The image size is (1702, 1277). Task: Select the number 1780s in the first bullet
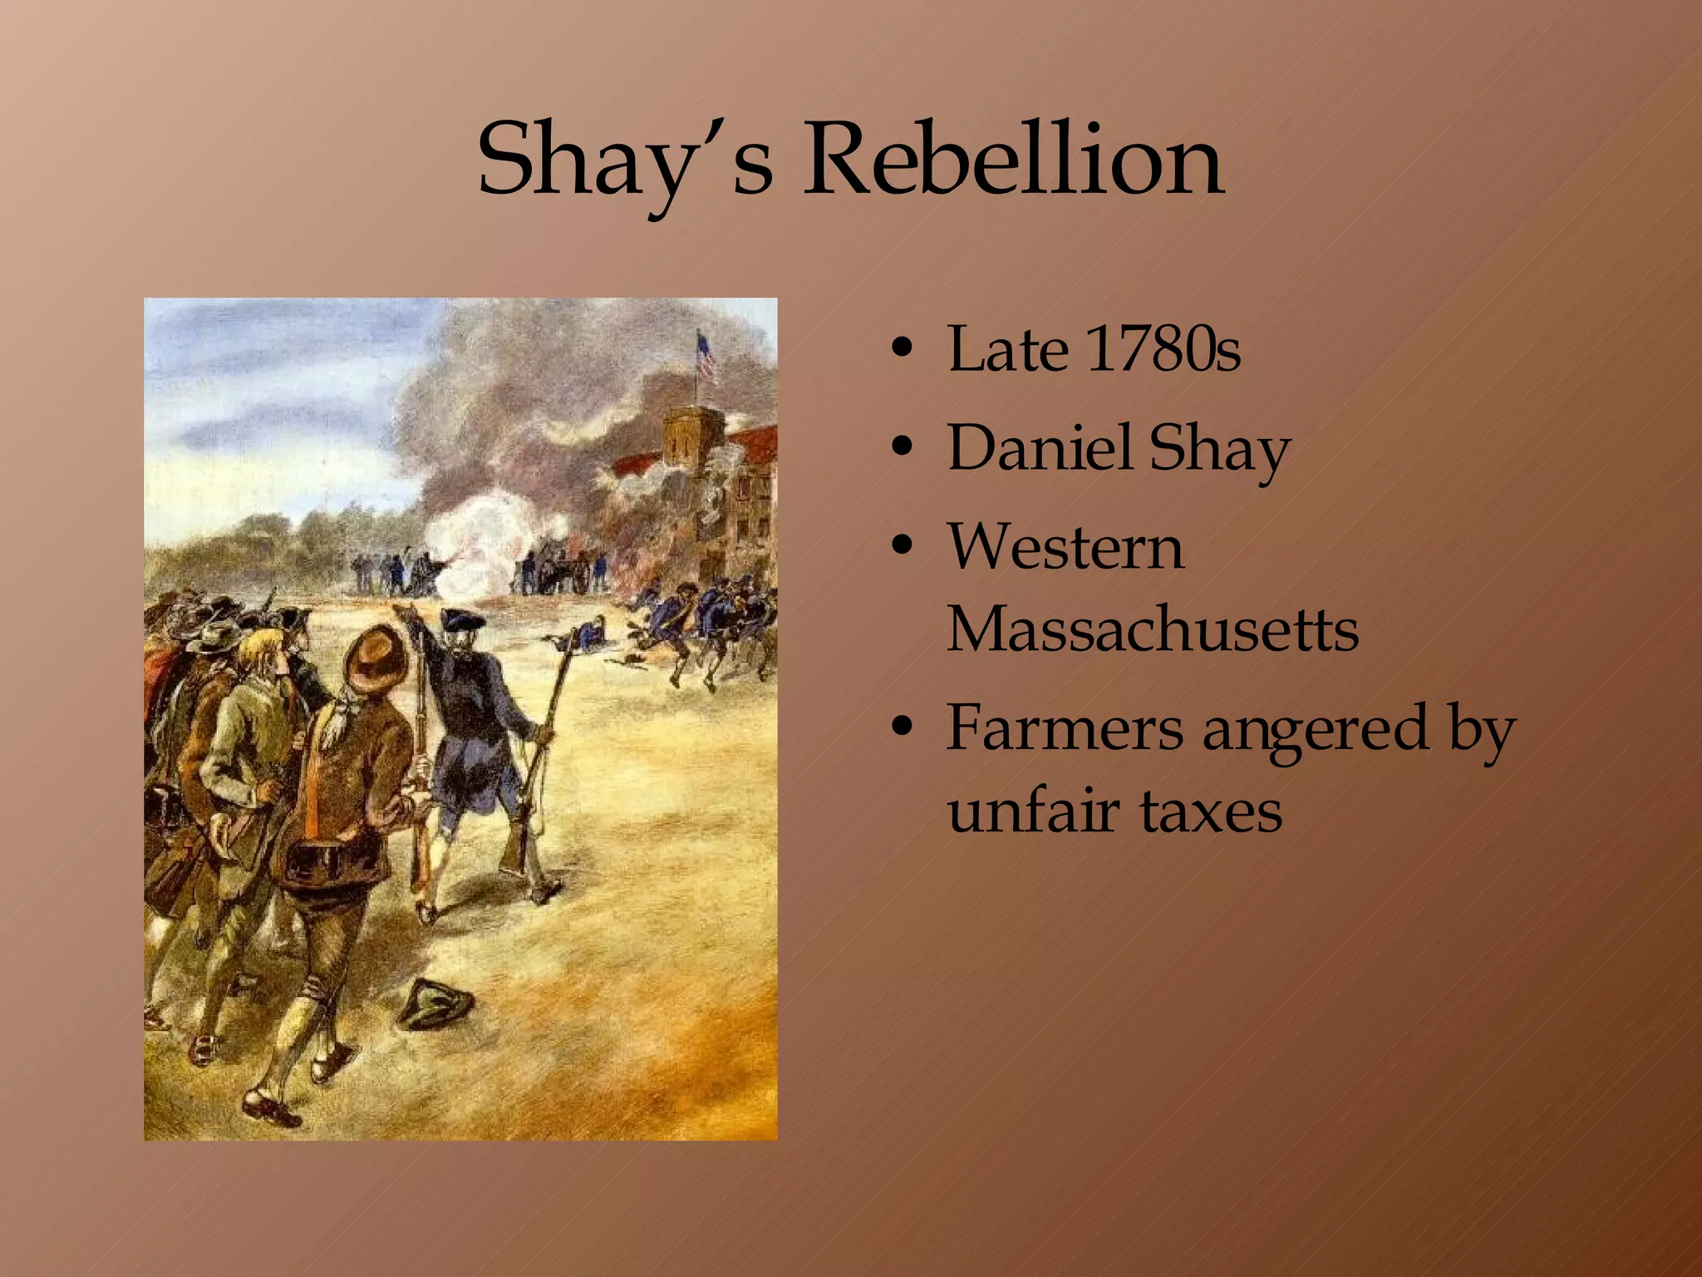coord(1163,348)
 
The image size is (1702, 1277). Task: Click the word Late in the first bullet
coord(1007,348)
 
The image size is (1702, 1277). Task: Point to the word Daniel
coord(1039,447)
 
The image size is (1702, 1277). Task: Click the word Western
coord(1065,546)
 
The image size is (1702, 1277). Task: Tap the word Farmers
coord(1065,727)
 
